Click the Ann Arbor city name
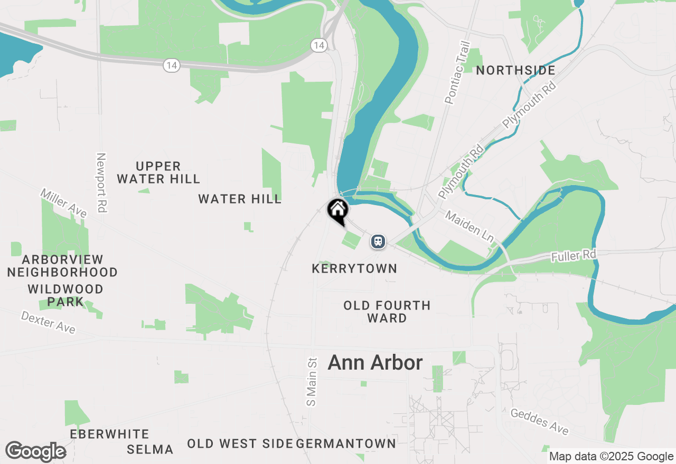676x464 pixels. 375,363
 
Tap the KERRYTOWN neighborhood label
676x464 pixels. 354,269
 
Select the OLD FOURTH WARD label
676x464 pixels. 387,312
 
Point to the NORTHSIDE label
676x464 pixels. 515,71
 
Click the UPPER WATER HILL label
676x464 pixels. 158,173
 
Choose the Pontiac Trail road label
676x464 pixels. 457,73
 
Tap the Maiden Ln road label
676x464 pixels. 468,227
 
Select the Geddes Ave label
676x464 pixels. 539,422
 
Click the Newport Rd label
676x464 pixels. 101,182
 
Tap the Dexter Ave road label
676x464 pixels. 48,322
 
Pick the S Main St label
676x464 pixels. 312,382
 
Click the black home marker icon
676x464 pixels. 337,210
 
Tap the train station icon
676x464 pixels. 378,242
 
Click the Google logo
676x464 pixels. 35,452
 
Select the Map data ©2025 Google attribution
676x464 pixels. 611,457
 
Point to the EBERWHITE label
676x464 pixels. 109,434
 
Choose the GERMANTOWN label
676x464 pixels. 346,443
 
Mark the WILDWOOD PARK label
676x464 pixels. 65,295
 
